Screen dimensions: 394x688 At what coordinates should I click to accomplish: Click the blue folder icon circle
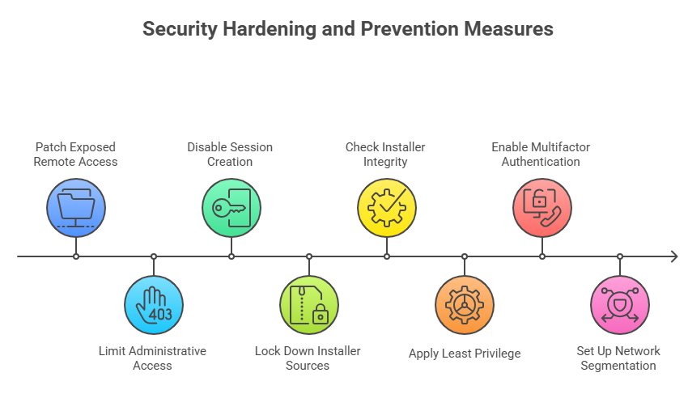(x=76, y=208)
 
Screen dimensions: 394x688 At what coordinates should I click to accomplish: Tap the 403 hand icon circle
(x=154, y=305)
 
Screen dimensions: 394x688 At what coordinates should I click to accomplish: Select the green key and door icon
(x=231, y=208)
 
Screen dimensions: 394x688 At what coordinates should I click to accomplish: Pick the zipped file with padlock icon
(x=309, y=305)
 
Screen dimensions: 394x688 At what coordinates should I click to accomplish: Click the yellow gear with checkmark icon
(x=387, y=208)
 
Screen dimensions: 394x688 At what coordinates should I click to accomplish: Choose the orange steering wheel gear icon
(x=465, y=305)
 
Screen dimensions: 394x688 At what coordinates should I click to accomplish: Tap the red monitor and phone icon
(x=542, y=208)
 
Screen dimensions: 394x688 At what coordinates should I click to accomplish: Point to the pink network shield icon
(x=620, y=305)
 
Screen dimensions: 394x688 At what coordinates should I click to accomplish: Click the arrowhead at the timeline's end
(x=673, y=256)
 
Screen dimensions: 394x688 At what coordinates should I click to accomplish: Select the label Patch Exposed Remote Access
(x=76, y=155)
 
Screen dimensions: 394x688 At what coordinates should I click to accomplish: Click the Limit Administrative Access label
(x=152, y=358)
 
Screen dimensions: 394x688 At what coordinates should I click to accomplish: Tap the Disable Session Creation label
(x=230, y=155)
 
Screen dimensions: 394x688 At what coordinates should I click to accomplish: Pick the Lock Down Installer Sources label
(x=308, y=358)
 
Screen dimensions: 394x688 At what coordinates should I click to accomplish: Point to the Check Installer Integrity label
(x=385, y=155)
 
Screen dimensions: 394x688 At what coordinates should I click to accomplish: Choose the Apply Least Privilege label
(x=465, y=354)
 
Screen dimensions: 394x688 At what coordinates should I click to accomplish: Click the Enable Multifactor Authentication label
(x=541, y=155)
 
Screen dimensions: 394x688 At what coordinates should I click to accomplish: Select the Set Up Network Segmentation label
(x=618, y=358)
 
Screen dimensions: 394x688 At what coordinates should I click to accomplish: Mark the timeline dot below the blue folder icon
(x=76, y=256)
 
